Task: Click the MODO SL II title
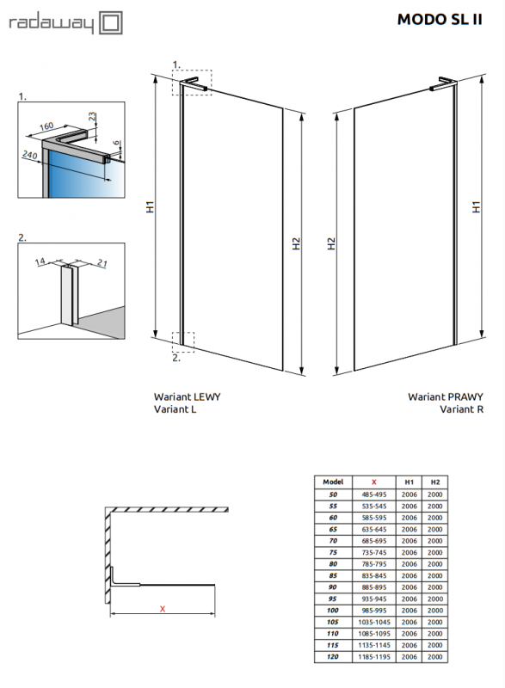440,19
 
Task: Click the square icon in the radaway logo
111,23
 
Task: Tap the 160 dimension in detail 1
46,126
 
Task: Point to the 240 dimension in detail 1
30,155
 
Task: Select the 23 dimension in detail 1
92,116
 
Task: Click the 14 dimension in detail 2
40,261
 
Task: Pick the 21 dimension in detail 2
102,263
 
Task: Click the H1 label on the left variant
150,206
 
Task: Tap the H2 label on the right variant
331,243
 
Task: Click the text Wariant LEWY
187,396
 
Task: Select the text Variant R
462,409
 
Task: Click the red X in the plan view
163,609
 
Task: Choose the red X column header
374,482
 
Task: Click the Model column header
333,482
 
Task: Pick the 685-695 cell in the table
374,541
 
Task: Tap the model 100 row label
333,611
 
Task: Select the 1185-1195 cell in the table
374,657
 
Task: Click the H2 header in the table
435,482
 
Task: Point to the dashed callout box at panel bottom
183,342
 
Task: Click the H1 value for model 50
409,494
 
